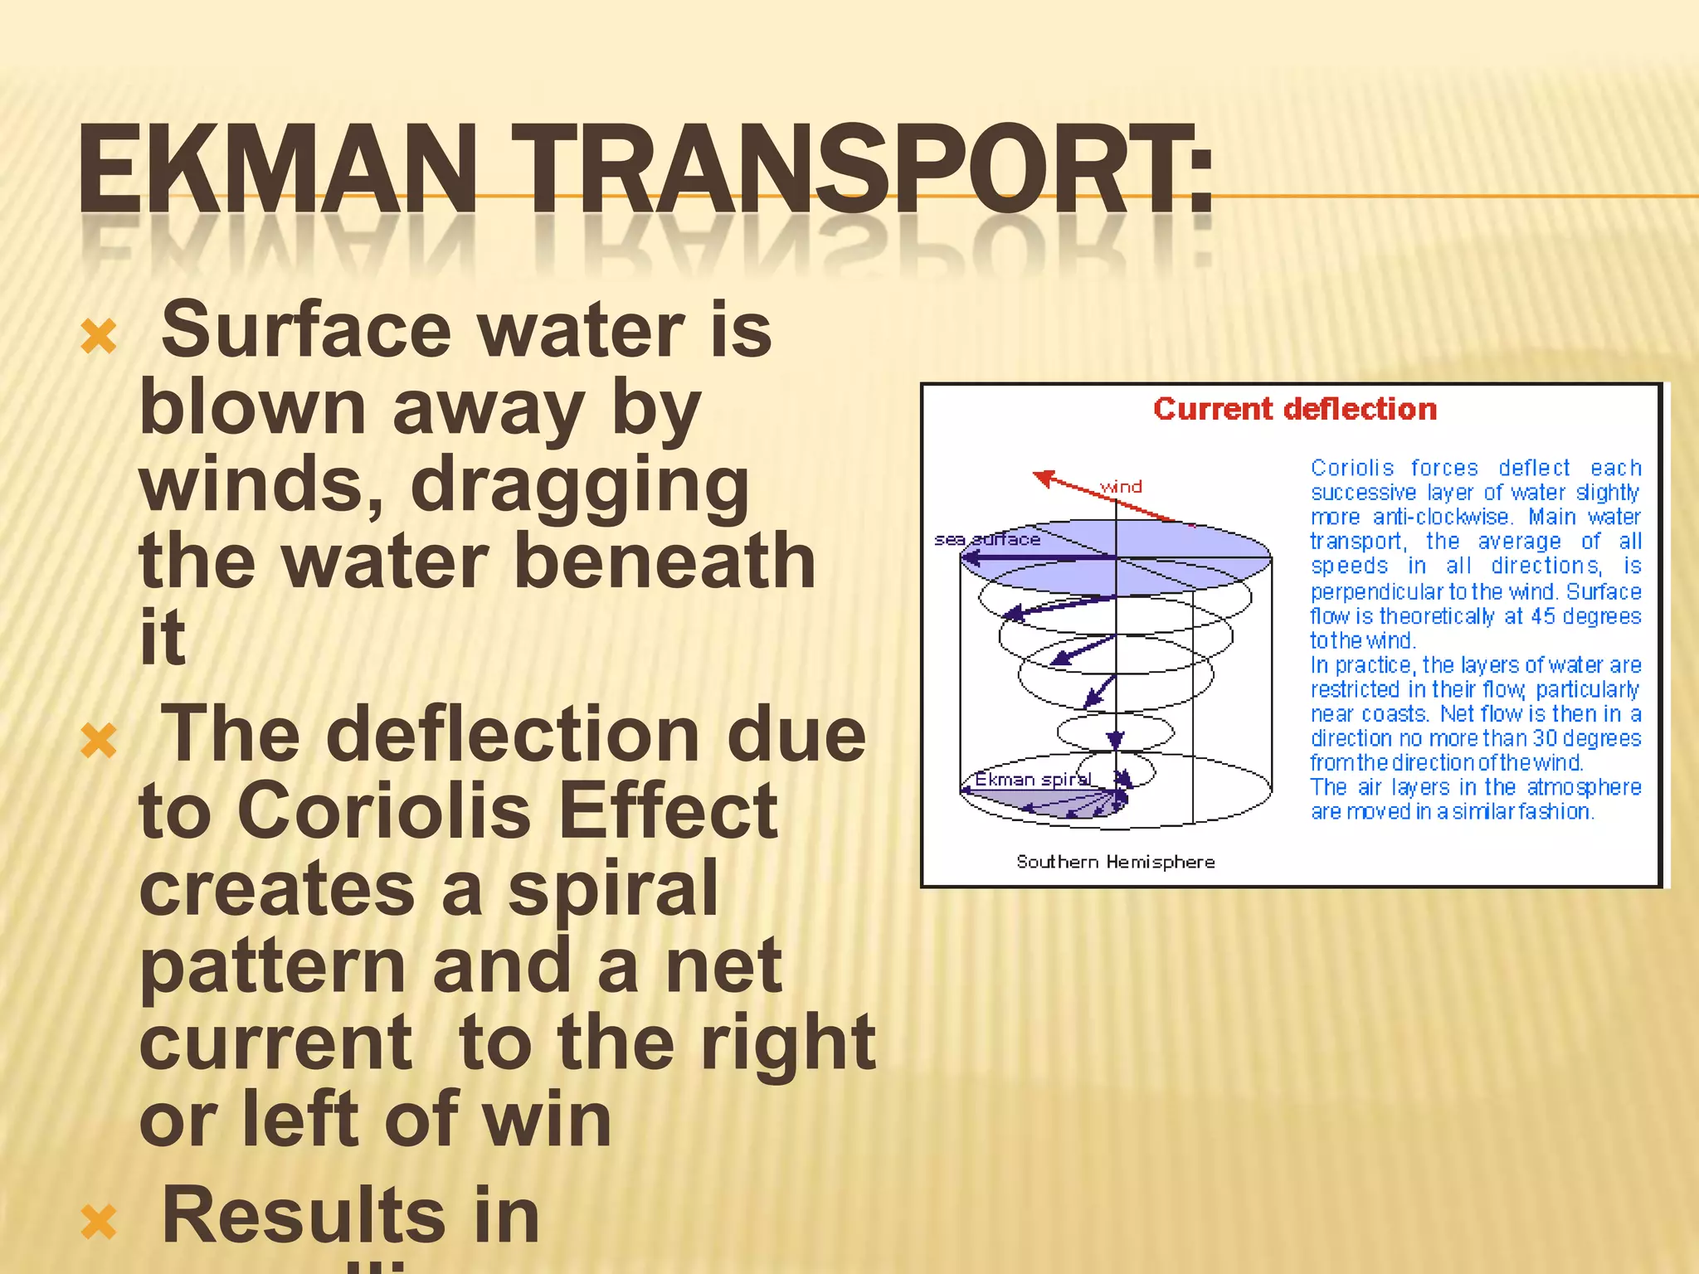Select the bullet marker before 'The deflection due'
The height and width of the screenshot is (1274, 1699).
coord(99,742)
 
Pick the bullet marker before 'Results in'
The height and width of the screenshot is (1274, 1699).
coord(99,1223)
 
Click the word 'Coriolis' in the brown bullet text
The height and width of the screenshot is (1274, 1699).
coord(383,811)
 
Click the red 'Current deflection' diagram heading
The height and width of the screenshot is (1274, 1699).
coord(1294,409)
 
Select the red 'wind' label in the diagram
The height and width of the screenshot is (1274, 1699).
coord(1121,487)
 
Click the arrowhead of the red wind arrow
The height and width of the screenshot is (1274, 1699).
coord(1042,477)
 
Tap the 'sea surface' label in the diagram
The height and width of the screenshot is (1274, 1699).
coord(986,539)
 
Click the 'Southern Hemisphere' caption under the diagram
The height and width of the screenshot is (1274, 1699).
coord(1115,862)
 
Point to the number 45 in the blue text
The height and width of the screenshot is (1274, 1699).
coord(1542,616)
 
